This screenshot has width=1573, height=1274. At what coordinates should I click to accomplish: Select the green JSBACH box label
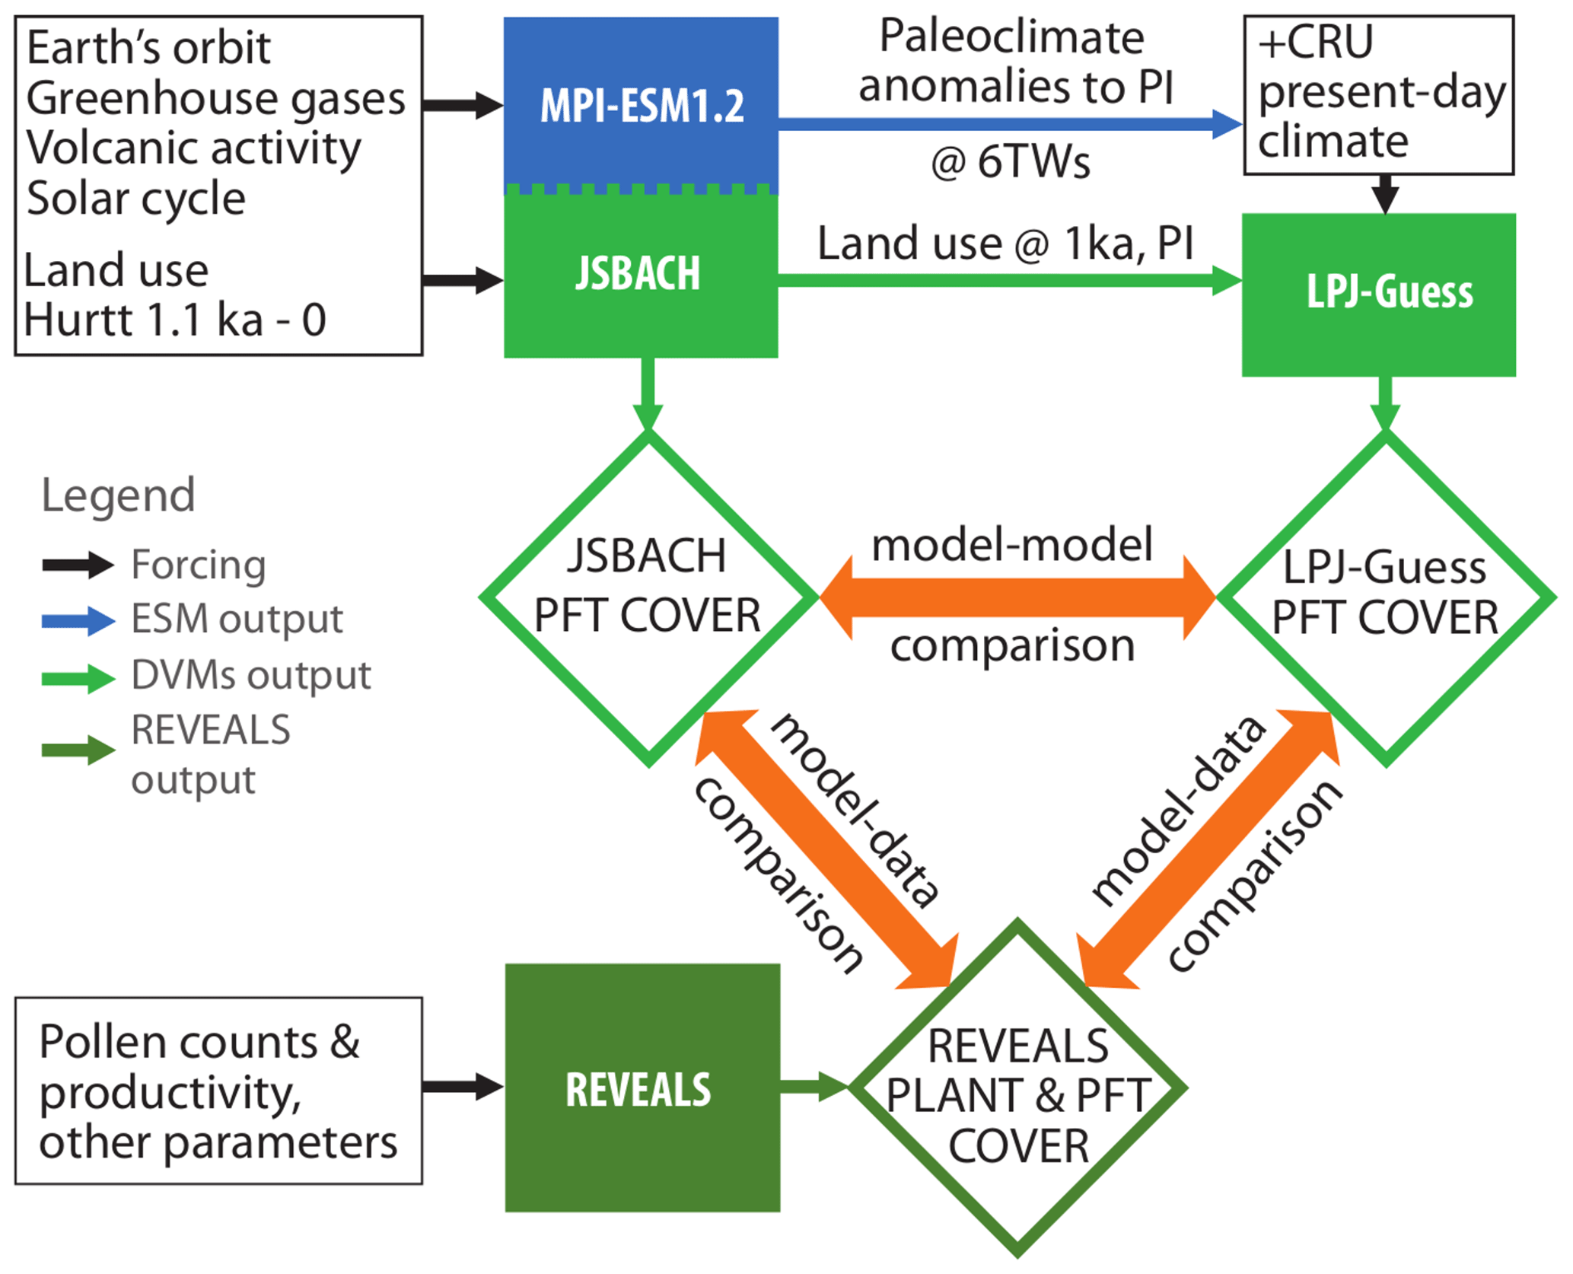[638, 273]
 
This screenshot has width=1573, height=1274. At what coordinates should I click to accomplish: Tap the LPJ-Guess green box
[1378, 294]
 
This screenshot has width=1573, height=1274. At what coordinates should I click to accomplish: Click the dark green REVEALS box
[642, 1088]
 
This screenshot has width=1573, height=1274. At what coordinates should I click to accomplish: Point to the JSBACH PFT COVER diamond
[648, 597]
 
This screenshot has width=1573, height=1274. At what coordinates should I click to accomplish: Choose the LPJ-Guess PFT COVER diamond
[1385, 597]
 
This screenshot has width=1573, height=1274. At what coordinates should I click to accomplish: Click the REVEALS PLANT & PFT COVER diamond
[1017, 1088]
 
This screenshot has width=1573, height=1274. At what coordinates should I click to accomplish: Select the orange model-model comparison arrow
[1017, 597]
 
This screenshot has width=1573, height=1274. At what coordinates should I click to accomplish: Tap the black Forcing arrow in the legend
[78, 565]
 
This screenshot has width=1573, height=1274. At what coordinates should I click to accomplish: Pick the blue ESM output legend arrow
[78, 620]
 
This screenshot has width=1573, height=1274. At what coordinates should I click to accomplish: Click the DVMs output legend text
[250, 675]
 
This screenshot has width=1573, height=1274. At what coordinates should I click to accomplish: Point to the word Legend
[118, 495]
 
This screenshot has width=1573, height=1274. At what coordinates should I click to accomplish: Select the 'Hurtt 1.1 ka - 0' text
[175, 320]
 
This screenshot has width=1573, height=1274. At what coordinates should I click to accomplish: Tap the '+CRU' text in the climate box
[1316, 42]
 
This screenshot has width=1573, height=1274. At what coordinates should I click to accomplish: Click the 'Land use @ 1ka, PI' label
[1005, 244]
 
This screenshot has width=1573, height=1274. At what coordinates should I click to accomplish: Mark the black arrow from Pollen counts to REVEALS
[463, 1086]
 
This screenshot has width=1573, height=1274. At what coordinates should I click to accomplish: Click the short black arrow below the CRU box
[1385, 193]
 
